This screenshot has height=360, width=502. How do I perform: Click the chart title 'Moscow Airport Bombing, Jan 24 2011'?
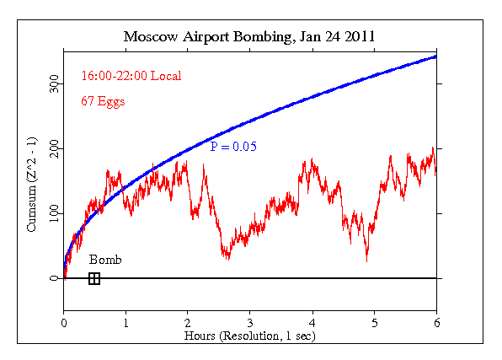tap(250, 37)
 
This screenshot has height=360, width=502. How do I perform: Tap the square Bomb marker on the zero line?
tap(94, 278)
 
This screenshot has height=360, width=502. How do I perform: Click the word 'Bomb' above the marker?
tap(105, 260)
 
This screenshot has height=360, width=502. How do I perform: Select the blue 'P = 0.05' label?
tap(233, 147)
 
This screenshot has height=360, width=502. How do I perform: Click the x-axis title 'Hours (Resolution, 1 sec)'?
tap(250, 336)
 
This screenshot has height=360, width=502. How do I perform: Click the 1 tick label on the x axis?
tap(126, 322)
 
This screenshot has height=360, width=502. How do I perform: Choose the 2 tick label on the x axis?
tap(188, 322)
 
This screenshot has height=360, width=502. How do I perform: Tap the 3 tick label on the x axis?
tap(250, 322)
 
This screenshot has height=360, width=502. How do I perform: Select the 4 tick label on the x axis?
tap(312, 322)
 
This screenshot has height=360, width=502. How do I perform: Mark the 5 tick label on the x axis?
tap(375, 322)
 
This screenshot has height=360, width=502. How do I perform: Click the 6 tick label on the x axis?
tap(436, 322)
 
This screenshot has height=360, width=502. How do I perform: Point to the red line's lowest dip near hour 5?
tap(366, 260)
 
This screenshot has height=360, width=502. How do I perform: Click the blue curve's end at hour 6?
tap(435, 56)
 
